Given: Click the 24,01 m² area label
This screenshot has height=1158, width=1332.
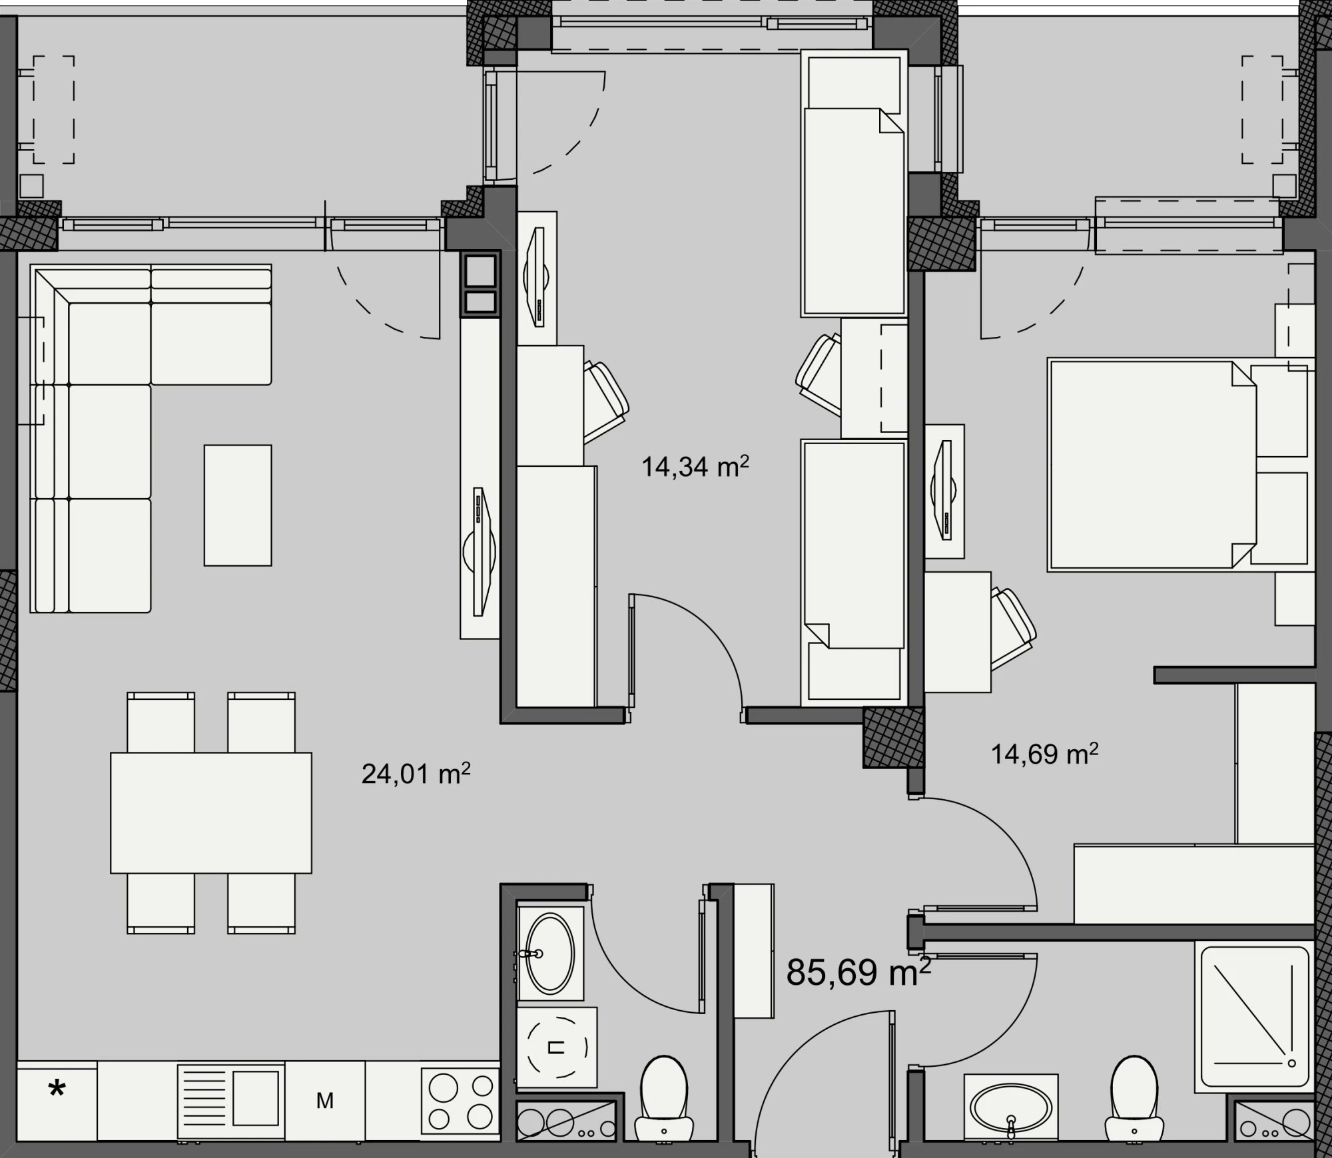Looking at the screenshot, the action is click(x=416, y=774).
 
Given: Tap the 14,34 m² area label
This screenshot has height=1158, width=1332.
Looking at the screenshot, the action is click(x=695, y=467).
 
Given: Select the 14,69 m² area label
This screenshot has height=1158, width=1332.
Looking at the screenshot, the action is click(x=1044, y=754).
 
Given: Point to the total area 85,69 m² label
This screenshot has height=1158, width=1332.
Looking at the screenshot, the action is click(x=858, y=972).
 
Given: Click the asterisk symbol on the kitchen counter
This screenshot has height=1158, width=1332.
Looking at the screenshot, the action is click(x=57, y=1090).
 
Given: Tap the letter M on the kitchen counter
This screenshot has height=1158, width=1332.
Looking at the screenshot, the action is click(x=324, y=1101).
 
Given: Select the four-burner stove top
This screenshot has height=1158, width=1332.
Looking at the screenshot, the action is click(x=460, y=1101).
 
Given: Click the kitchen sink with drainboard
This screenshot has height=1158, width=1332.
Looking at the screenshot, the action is click(x=231, y=1101).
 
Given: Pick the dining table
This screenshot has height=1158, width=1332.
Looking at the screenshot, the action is click(x=211, y=812).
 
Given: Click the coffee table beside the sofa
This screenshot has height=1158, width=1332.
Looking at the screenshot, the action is click(x=238, y=505).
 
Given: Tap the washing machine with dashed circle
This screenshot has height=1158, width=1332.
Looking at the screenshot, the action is click(x=557, y=1048).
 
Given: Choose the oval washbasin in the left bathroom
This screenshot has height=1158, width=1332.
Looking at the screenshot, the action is click(x=550, y=954).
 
